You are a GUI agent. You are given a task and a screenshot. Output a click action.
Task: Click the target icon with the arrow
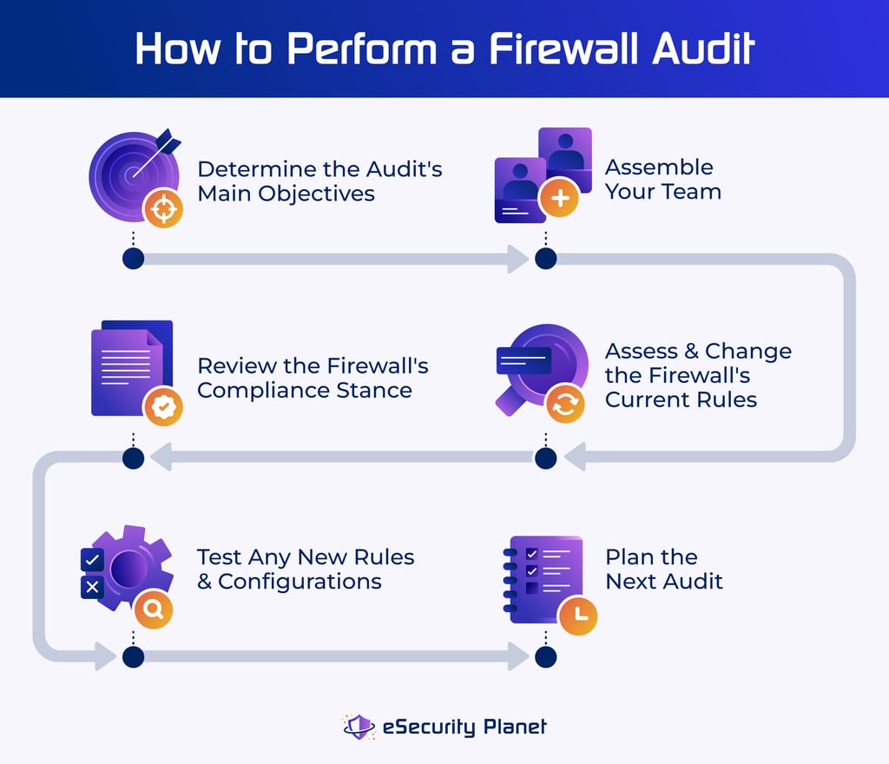[132, 174]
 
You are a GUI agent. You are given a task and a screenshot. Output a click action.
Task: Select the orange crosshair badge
[163, 208]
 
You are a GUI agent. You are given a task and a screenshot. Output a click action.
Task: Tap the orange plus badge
[559, 199]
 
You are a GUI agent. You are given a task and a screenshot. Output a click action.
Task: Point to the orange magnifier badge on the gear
[154, 609]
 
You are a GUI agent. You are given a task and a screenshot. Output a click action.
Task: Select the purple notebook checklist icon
[543, 577]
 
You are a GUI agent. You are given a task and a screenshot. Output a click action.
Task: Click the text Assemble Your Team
[662, 179]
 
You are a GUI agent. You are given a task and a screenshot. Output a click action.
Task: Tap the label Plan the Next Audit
[664, 569]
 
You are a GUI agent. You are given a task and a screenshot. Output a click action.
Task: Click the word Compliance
[253, 390]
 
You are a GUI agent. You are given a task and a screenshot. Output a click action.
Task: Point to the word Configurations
[300, 581]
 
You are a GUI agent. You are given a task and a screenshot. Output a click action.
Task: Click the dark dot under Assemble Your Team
[545, 258]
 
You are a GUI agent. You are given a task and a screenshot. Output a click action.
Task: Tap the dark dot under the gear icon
[132, 656]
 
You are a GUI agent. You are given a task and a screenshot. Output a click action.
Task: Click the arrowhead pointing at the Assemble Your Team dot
[518, 258]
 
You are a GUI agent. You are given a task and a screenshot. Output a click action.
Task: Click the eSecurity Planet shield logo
[359, 726]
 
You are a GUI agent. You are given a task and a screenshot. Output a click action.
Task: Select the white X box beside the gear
[92, 588]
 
